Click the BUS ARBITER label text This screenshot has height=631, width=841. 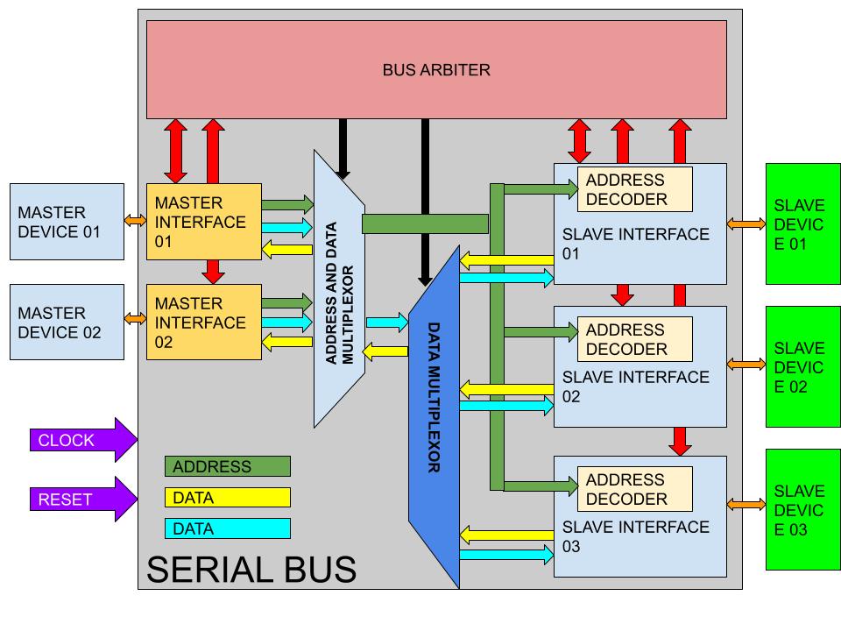[436, 70]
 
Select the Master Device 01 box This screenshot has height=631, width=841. [67, 222]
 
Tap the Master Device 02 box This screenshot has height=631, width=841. [67, 322]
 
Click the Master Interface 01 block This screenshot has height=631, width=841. [204, 222]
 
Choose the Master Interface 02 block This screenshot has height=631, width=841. [204, 322]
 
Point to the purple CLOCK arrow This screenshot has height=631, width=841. [84, 439]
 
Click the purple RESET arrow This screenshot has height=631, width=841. [84, 499]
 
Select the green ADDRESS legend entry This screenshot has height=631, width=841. [228, 466]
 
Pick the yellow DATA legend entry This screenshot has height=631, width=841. [228, 498]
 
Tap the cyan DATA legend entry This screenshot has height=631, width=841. [228, 528]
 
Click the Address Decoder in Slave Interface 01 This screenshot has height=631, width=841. [635, 189]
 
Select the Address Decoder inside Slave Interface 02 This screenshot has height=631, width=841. [635, 338]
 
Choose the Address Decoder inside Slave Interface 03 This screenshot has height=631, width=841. [635, 489]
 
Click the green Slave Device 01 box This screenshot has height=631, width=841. [803, 223]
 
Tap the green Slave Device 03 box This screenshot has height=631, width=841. [803, 509]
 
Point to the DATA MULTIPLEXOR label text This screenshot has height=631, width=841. [434, 397]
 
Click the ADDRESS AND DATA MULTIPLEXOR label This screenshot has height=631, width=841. [340, 293]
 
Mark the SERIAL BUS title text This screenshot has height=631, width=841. [251, 570]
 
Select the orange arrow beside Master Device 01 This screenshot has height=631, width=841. [135, 220]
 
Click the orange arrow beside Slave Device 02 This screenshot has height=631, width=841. [746, 365]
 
